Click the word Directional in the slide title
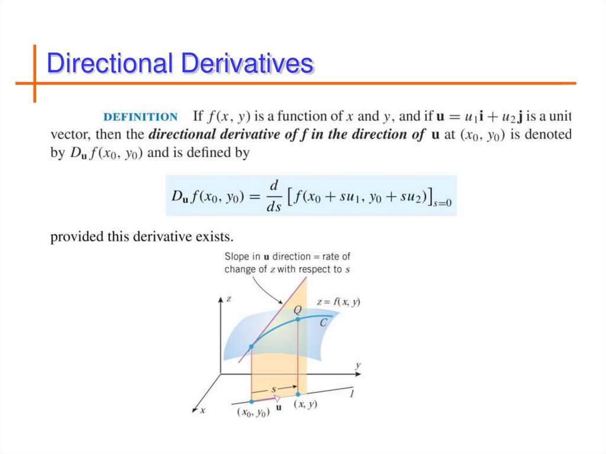111,63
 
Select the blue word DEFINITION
140,117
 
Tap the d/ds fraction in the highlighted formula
274,194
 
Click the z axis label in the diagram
228,300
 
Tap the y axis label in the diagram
357,366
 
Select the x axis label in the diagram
202,410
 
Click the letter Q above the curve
297,310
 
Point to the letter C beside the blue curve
323,323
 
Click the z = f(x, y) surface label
339,302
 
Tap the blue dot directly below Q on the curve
298,319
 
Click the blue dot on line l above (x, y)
298,394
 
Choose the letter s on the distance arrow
274,389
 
